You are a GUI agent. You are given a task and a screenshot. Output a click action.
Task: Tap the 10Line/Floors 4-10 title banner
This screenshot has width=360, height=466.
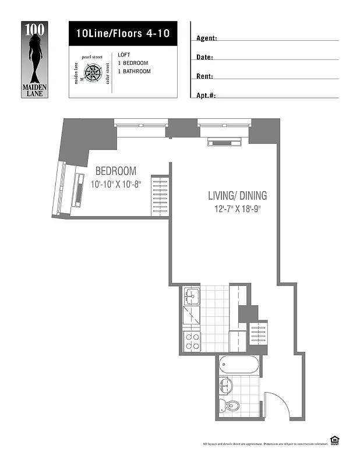[x=122, y=33]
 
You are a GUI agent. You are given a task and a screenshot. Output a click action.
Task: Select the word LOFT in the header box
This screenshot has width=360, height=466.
[x=123, y=54]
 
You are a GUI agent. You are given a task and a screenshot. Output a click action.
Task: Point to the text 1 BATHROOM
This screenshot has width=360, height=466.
[x=134, y=72]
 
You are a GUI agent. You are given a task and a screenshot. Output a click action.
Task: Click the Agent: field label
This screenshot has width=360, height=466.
[x=207, y=38]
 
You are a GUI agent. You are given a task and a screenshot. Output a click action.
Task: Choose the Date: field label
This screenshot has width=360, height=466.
[x=204, y=57]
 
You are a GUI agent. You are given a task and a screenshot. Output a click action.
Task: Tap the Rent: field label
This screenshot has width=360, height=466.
[x=204, y=76]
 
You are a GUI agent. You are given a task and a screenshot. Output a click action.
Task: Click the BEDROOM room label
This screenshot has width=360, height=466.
[x=116, y=171]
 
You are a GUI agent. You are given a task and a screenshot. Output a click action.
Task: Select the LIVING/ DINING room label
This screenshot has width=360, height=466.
[x=237, y=196]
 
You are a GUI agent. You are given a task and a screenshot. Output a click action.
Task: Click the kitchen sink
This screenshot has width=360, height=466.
[x=192, y=296]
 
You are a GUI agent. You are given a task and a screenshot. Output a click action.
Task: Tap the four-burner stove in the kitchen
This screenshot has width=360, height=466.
[x=192, y=341]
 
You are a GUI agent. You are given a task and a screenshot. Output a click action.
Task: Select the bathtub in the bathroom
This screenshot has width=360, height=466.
[x=239, y=366]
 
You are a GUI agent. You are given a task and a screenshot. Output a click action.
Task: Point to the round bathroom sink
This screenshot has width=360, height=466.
[x=227, y=386]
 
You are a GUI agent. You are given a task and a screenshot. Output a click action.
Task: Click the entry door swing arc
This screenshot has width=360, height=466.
[x=275, y=402]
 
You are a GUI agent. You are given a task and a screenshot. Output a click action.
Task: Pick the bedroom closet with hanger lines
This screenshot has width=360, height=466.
[x=160, y=196]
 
